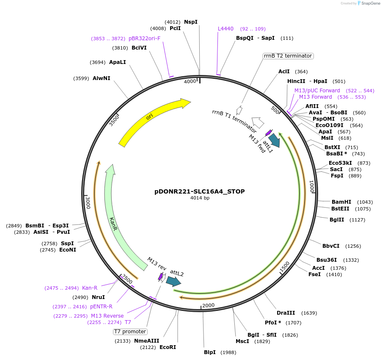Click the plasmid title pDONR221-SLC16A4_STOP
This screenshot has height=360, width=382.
pyautogui.click(x=199, y=191)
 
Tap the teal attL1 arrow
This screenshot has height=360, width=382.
pyautogui.click(x=274, y=140)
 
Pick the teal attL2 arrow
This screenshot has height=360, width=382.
pyautogui.click(x=173, y=281)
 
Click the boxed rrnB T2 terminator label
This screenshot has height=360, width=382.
pyautogui.click(x=288, y=56)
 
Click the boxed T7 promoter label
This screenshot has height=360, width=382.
pyautogui.click(x=130, y=331)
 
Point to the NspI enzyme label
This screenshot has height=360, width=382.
pyautogui.click(x=191, y=22)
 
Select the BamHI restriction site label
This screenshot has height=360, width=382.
pyautogui.click(x=341, y=202)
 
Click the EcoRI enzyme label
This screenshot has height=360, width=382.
pyautogui.click(x=168, y=347)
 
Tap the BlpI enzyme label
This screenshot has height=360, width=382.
pyautogui.click(x=209, y=352)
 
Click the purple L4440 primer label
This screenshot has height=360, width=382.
pyautogui.click(x=225, y=29)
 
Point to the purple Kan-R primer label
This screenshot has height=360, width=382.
pyautogui.click(x=90, y=288)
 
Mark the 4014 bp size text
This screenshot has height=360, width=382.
pyautogui.click(x=200, y=198)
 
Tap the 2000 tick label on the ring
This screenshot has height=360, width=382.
pyautogui.click(x=208, y=305)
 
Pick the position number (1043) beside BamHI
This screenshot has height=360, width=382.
pyautogui.click(x=365, y=202)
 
